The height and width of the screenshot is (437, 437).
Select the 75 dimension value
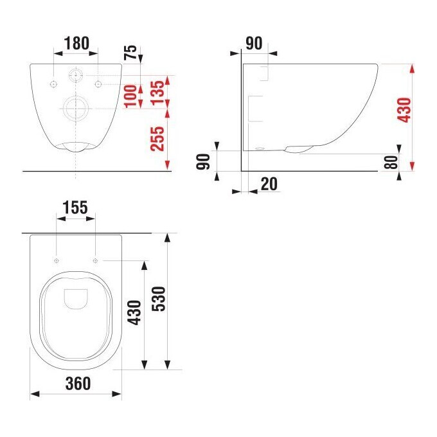131,51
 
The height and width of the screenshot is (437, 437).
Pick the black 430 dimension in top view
134,313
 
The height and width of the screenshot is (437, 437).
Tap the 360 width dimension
76,384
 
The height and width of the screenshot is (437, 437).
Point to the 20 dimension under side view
269,184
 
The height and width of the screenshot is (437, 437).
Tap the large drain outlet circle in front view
76,107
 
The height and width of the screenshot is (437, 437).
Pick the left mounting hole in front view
53,84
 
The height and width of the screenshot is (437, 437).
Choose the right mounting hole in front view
98,84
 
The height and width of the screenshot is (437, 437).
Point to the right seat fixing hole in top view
95,260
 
